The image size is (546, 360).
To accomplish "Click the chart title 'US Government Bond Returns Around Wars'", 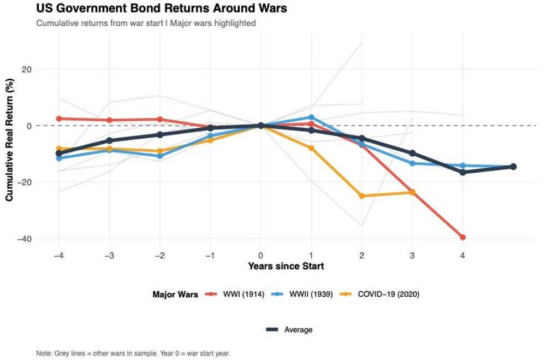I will [x=162, y=9].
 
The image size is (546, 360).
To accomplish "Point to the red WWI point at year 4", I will [x=463, y=237].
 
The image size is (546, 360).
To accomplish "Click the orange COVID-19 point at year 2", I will [x=361, y=196].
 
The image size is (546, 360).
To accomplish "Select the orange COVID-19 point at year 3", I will [x=412, y=192].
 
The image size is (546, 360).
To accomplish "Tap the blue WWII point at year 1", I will [x=311, y=117].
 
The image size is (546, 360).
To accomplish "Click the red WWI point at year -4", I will [x=59, y=119].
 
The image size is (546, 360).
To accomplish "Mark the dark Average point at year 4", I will [x=463, y=172].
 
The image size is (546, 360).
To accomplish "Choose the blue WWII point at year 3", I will [x=412, y=163].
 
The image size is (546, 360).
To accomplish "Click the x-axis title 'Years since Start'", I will [x=286, y=267].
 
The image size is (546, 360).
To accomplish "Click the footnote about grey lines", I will [x=134, y=353].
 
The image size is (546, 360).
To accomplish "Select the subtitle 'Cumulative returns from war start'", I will [x=146, y=23].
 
